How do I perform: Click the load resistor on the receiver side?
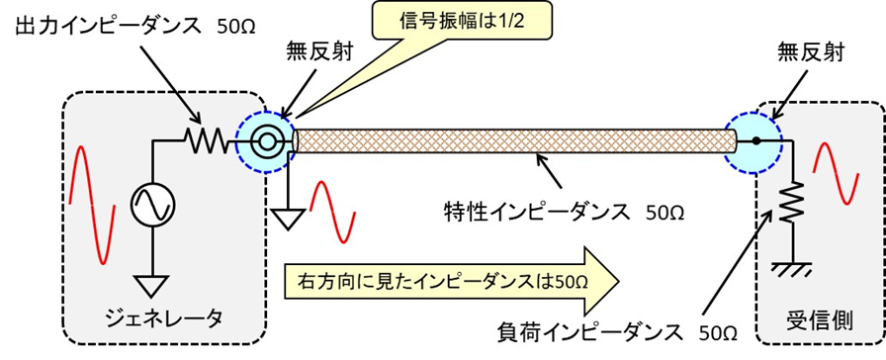coord(792,204)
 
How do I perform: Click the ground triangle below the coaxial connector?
coord(289,217)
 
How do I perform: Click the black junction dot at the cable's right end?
coord(754,142)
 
